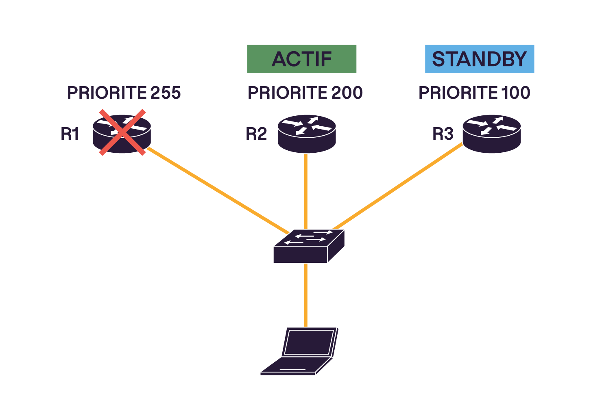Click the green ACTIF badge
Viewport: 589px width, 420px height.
(x=301, y=59)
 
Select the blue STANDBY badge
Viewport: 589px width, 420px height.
(x=479, y=59)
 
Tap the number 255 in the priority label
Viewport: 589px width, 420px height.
(x=165, y=93)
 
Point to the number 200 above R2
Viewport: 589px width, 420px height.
(x=347, y=93)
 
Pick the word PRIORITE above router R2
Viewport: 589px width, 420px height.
(x=288, y=93)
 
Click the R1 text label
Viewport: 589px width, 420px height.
(x=70, y=134)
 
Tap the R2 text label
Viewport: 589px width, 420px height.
(x=256, y=134)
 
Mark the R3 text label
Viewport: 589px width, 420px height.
(x=443, y=134)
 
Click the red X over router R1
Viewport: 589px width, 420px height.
(x=122, y=132)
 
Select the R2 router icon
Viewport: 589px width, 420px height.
(x=307, y=134)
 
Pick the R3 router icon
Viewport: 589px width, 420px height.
(x=492, y=134)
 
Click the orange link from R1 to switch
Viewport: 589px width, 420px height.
(x=218, y=189)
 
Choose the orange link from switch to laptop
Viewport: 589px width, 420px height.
(x=305, y=294)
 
